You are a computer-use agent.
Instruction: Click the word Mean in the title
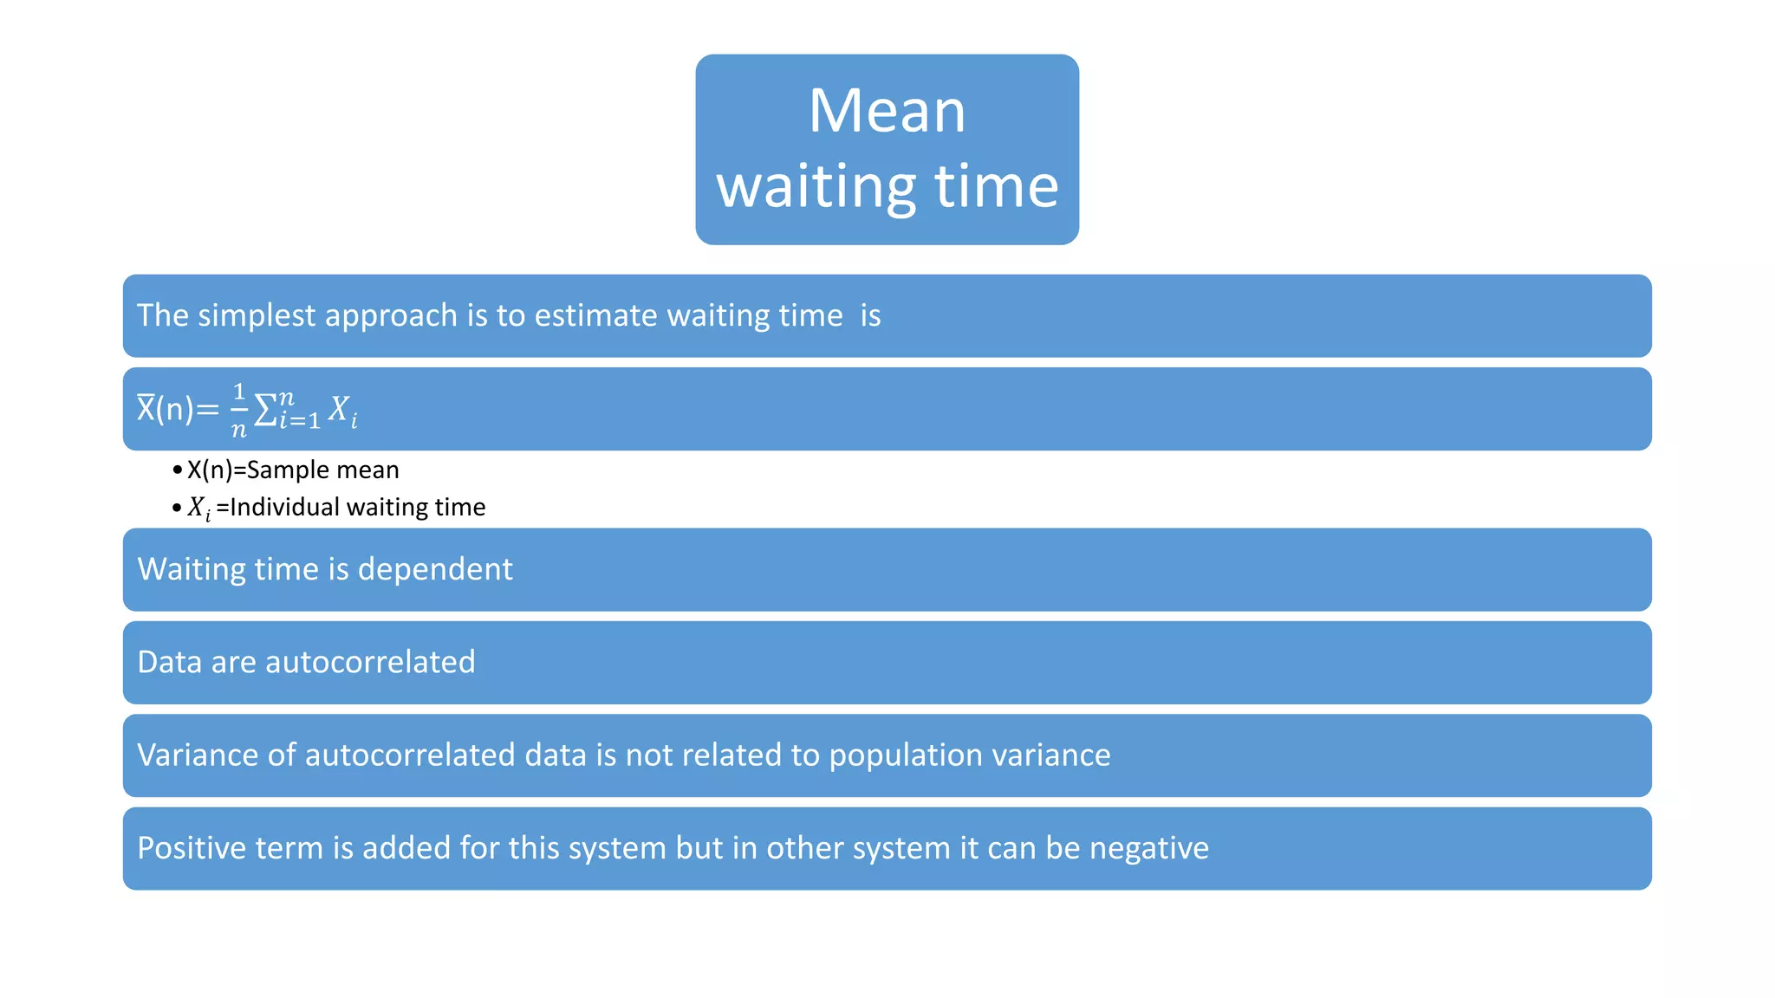(x=887, y=111)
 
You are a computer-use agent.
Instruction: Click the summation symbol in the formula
(x=266, y=410)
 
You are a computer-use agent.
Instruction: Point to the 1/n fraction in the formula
(x=238, y=410)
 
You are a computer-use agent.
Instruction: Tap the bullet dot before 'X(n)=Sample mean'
(x=177, y=470)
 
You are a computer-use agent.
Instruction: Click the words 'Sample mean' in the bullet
(x=322, y=470)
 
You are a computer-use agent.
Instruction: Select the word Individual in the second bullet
(x=283, y=507)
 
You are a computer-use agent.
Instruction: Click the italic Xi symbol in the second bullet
(x=198, y=508)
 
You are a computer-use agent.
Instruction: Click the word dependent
(x=434, y=569)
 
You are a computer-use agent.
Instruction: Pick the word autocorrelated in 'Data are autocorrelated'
(x=370, y=662)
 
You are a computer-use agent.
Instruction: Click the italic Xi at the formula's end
(x=342, y=410)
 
